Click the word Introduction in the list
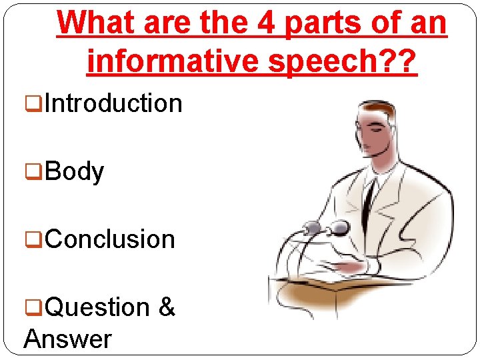tap(114, 104)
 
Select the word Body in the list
tap(75, 172)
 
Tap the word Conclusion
tap(111, 239)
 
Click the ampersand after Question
tap(167, 308)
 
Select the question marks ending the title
tap(399, 62)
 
